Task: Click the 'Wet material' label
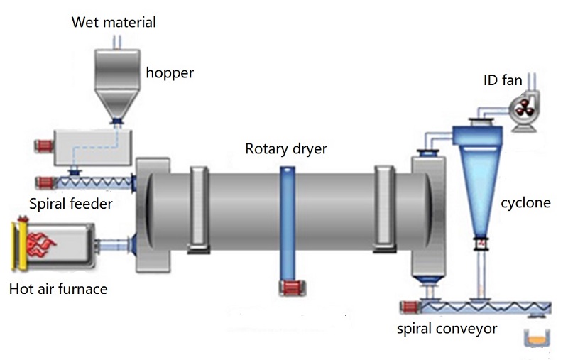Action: tap(114, 22)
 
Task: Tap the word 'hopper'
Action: tap(170, 72)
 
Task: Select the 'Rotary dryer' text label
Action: tap(287, 148)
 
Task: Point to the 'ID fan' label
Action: tap(503, 81)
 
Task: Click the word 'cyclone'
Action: tap(526, 203)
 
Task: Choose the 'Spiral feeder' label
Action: tap(71, 204)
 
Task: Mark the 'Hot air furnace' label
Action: tap(58, 289)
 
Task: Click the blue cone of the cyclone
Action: tap(480, 185)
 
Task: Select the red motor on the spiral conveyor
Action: tap(408, 308)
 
